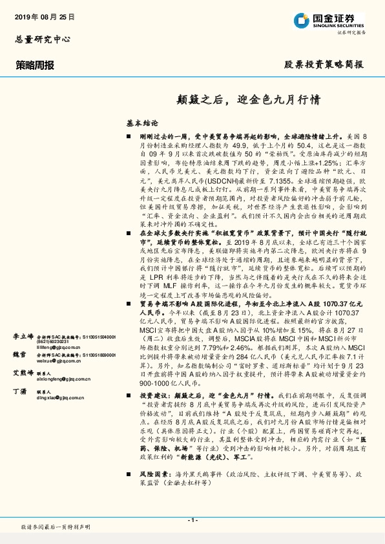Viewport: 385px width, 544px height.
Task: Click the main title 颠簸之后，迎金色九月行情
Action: pos(240,100)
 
